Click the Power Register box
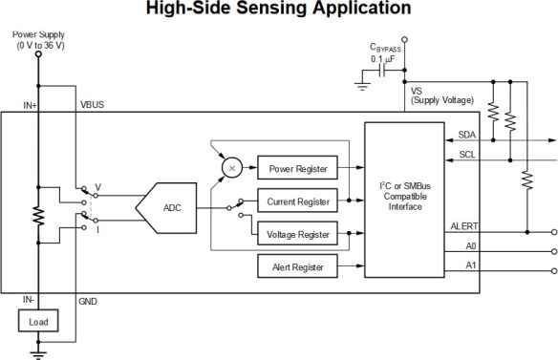[x=294, y=169]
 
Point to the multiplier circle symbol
[x=230, y=167]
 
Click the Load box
[x=39, y=322]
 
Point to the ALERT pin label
[x=463, y=226]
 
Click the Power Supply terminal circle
[x=39, y=54]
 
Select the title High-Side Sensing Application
[x=278, y=10]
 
